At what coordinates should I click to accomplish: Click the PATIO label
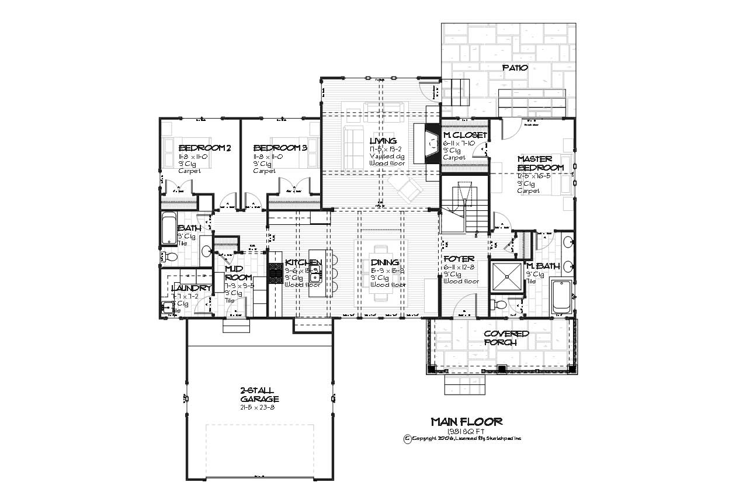(x=515, y=68)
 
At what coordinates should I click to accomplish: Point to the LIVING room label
(x=383, y=141)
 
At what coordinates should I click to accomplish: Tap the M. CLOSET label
(x=464, y=135)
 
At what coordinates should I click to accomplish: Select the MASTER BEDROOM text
(x=540, y=163)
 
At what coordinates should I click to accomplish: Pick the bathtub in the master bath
(x=561, y=297)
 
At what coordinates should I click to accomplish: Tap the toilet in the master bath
(x=499, y=304)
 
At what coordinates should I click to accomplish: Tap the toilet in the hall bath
(x=169, y=256)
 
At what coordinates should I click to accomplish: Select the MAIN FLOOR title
(x=466, y=421)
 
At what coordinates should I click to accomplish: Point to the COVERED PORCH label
(x=506, y=338)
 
